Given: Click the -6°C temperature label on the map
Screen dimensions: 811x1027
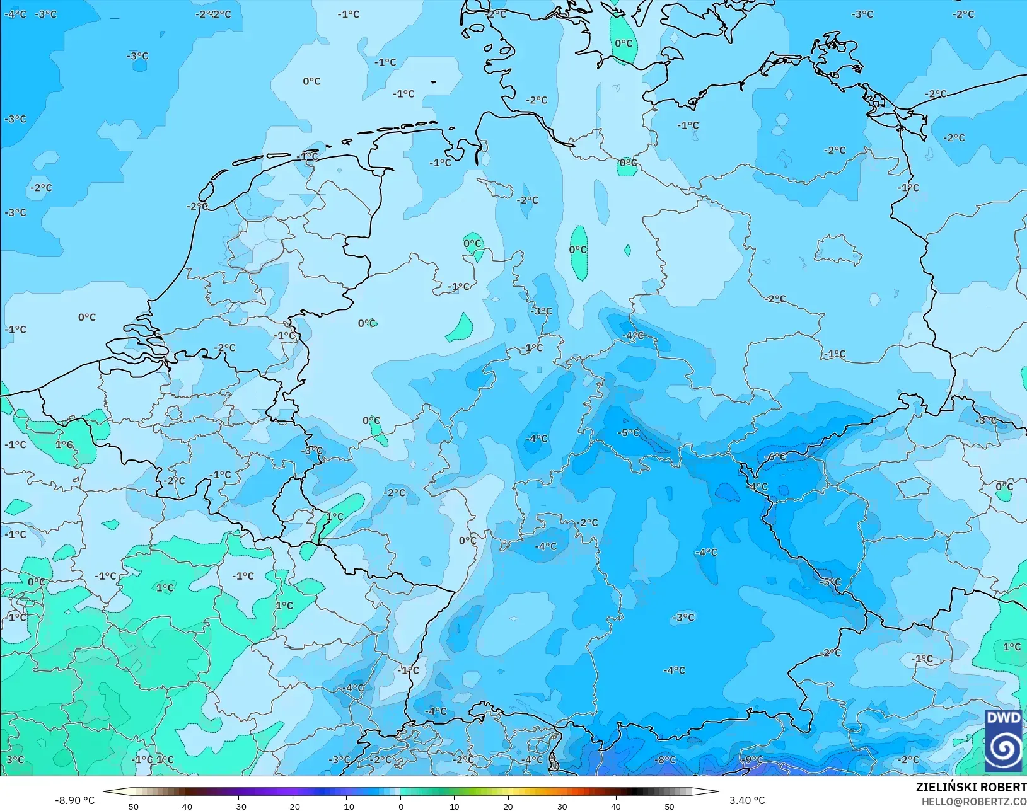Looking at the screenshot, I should click(x=775, y=457).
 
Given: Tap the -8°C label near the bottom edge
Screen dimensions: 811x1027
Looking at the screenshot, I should click(x=665, y=760).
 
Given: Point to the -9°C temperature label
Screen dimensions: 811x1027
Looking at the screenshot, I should click(x=751, y=760).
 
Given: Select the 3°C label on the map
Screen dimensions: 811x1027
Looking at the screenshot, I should click(x=15, y=760).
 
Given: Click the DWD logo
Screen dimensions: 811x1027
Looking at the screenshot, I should click(x=1003, y=740).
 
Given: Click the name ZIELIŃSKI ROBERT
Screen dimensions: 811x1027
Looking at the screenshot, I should click(x=971, y=788).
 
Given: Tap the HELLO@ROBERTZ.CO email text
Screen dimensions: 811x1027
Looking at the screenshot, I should click(x=974, y=802).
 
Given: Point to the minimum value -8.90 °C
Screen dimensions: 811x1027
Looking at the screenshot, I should click(x=74, y=800).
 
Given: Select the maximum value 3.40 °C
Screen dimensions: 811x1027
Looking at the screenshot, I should click(x=747, y=800).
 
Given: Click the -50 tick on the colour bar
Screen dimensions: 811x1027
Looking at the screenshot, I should click(x=131, y=806).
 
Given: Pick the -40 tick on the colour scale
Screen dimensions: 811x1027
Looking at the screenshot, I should click(x=185, y=806).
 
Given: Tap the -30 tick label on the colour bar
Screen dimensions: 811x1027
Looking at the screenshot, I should click(x=239, y=806).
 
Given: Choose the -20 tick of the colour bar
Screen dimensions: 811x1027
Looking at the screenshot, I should click(x=293, y=806).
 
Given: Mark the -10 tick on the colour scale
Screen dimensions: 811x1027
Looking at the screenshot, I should click(x=347, y=806).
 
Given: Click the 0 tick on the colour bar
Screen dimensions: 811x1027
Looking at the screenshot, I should click(x=401, y=806).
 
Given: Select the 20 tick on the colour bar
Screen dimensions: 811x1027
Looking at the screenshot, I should click(x=508, y=806).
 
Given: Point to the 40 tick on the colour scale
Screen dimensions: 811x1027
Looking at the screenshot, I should click(x=616, y=806).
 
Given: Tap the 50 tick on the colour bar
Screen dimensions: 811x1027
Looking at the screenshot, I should click(x=670, y=806).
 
